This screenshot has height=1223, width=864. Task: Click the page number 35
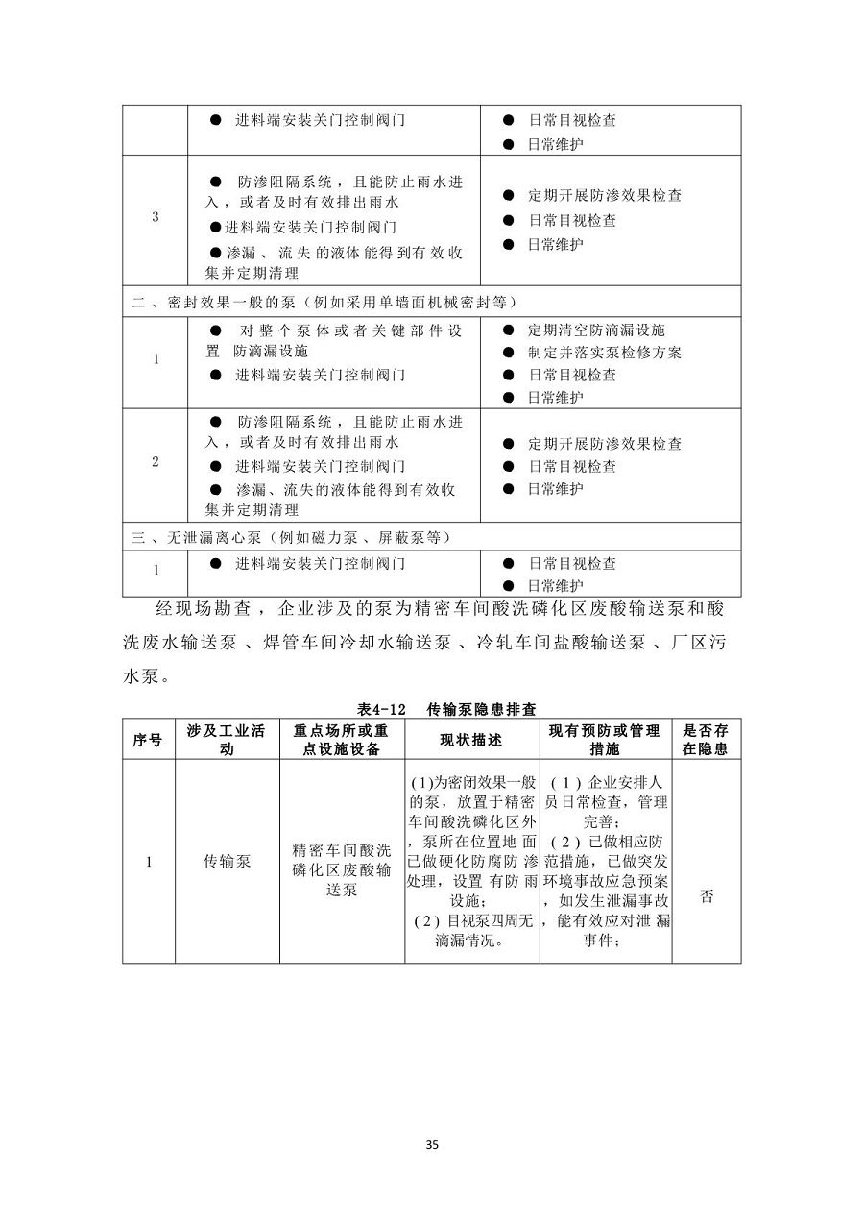pyautogui.click(x=431, y=1144)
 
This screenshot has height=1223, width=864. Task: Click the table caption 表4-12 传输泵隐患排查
pyautogui.click(x=432, y=709)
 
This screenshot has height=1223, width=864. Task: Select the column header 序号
pyautogui.click(x=148, y=740)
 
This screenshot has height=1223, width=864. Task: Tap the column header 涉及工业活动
pyautogui.click(x=227, y=740)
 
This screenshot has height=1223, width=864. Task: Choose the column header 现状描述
pyautogui.click(x=470, y=740)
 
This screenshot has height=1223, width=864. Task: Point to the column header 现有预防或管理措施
pyautogui.click(x=605, y=740)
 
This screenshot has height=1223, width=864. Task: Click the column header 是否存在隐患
pyautogui.click(x=706, y=740)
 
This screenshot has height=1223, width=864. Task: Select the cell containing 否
pyautogui.click(x=707, y=896)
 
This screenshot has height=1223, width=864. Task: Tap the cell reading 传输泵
pyautogui.click(x=227, y=862)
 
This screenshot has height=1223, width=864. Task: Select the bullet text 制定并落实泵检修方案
pyautogui.click(x=605, y=353)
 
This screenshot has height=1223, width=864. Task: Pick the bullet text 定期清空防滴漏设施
pyautogui.click(x=596, y=330)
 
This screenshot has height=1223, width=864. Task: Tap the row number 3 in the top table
pyautogui.click(x=156, y=217)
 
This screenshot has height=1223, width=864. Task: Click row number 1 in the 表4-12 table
pyautogui.click(x=148, y=862)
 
